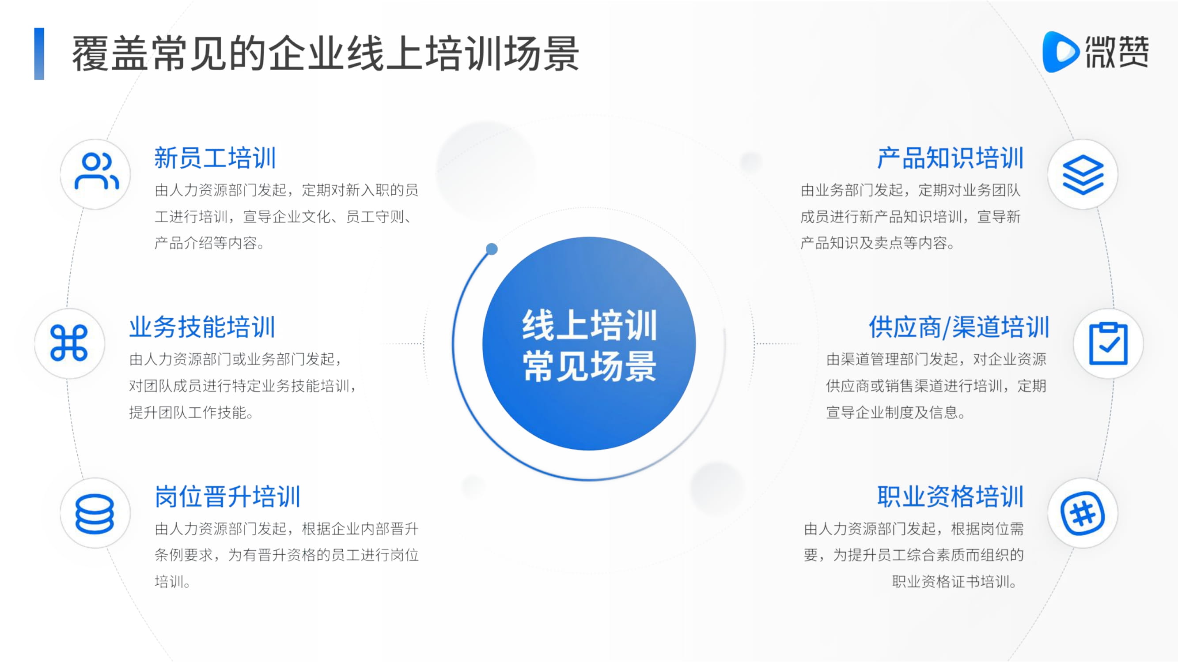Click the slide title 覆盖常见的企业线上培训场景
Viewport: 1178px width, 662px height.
326,53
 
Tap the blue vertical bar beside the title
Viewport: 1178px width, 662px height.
39,54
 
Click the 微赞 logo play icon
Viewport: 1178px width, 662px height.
1060,52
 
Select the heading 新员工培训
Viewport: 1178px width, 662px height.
215,158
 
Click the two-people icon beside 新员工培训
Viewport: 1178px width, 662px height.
96,171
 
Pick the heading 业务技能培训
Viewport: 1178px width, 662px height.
202,327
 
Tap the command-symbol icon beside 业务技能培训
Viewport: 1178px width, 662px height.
69,343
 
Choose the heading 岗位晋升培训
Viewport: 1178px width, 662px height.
227,496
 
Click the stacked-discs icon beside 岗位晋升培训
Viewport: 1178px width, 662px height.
95,514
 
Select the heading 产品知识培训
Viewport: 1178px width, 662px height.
950,158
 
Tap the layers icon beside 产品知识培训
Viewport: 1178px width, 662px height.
1083,174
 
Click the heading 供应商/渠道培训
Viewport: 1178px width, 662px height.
959,327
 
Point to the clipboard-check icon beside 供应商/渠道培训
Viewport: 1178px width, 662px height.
1109,343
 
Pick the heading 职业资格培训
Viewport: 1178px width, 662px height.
950,496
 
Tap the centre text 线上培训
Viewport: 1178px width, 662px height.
590,325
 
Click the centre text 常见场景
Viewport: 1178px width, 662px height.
590,366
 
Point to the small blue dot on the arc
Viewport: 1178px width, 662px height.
492,249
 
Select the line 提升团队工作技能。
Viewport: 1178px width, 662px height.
191,413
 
